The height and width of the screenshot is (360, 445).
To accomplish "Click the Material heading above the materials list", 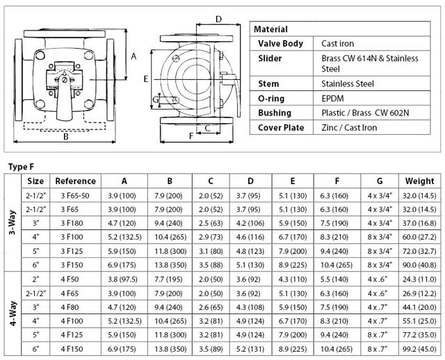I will click(270, 30).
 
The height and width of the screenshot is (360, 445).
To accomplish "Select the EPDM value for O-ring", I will click(332, 99).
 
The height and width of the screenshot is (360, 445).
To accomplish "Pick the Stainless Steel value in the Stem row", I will click(348, 84).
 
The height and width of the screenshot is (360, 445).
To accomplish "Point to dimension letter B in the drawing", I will click(65, 136).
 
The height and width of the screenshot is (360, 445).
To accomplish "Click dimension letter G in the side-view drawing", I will click(156, 101).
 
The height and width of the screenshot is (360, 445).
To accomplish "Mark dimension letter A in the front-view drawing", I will click(133, 56).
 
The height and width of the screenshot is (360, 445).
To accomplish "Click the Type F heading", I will click(19, 166).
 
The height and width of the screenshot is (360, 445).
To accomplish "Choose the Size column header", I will click(35, 181).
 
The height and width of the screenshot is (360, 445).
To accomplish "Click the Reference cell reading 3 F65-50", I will click(75, 195).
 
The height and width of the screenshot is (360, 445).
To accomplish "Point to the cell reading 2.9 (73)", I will click(211, 237).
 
